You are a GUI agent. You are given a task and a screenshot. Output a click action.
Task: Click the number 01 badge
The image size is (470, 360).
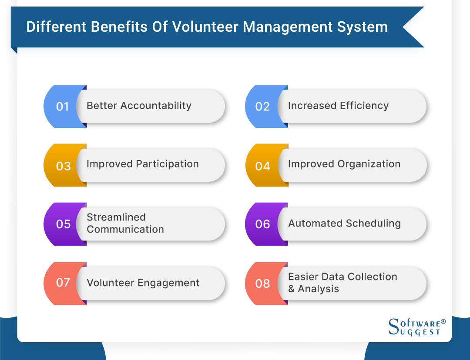pos(63,107)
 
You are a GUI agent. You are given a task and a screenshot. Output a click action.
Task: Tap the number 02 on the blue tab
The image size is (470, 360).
pos(262,107)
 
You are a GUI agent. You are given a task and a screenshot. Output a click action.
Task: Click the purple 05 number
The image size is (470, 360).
pos(63,224)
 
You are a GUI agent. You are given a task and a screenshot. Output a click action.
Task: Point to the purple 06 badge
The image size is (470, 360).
pos(262,224)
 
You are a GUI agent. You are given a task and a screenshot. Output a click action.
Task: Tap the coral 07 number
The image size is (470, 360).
pos(63,283)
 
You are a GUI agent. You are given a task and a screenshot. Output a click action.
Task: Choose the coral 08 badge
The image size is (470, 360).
pos(262,283)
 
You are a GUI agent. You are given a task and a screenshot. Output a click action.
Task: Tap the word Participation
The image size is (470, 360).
pos(167,164)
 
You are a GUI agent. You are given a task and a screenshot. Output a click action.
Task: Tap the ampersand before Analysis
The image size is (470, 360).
pos(292,289)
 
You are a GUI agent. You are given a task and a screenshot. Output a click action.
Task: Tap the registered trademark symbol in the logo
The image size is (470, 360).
pos(443,321)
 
